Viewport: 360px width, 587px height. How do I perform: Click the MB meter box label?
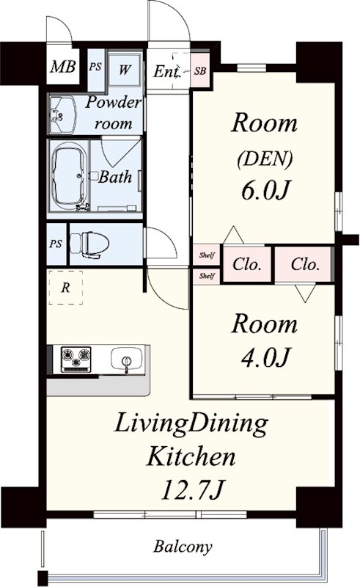click(63, 67)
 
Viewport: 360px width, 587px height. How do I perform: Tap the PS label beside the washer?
click(95, 68)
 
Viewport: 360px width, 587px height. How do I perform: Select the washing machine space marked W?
click(125, 70)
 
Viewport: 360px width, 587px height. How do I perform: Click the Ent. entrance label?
click(167, 70)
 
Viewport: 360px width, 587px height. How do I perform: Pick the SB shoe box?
click(201, 70)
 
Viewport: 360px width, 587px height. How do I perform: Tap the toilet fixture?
click(89, 244)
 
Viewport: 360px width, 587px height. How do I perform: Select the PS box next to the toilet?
click(56, 244)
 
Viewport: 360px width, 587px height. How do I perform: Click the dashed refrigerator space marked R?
click(65, 287)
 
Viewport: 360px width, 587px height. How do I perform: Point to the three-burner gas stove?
click(76, 359)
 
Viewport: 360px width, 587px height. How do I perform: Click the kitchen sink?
click(127, 359)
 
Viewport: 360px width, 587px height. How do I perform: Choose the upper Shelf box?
click(207, 255)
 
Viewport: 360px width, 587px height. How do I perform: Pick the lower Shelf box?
click(207, 276)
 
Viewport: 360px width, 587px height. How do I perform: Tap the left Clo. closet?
click(247, 264)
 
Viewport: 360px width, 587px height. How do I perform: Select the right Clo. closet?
click(304, 264)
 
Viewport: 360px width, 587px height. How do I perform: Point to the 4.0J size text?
click(265, 357)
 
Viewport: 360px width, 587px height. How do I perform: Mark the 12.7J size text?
click(192, 489)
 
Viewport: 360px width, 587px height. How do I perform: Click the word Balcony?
click(183, 547)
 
